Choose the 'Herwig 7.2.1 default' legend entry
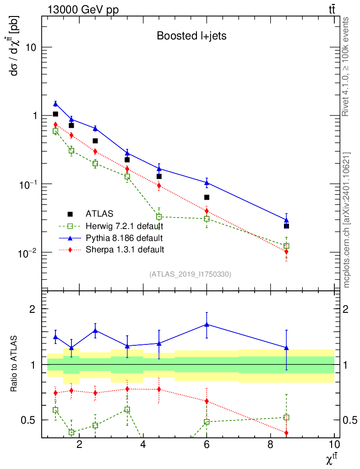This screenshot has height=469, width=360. click(x=124, y=226)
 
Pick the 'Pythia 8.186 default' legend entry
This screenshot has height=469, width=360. click(x=124, y=238)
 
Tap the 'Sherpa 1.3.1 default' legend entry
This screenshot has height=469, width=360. click(x=125, y=250)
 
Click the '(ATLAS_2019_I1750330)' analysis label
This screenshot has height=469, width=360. click(x=190, y=274)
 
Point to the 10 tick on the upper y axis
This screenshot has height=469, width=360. click(x=32, y=48)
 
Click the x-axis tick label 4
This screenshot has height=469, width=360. click(x=143, y=446)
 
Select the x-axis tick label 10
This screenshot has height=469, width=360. click(x=334, y=446)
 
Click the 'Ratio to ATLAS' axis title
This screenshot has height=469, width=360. click(x=15, y=365)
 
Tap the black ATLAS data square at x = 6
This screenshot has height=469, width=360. click(x=207, y=197)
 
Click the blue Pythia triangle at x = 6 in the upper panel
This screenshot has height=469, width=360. click(x=207, y=183)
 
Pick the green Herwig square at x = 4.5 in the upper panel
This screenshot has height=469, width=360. click(x=159, y=217)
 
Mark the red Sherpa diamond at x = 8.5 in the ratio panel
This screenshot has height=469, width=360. click(x=286, y=433)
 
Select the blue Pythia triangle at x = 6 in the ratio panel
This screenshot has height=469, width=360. click(x=207, y=324)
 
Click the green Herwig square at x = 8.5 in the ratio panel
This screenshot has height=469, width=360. click(x=286, y=417)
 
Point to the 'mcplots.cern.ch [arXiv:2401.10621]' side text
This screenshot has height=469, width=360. click(x=347, y=220)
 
